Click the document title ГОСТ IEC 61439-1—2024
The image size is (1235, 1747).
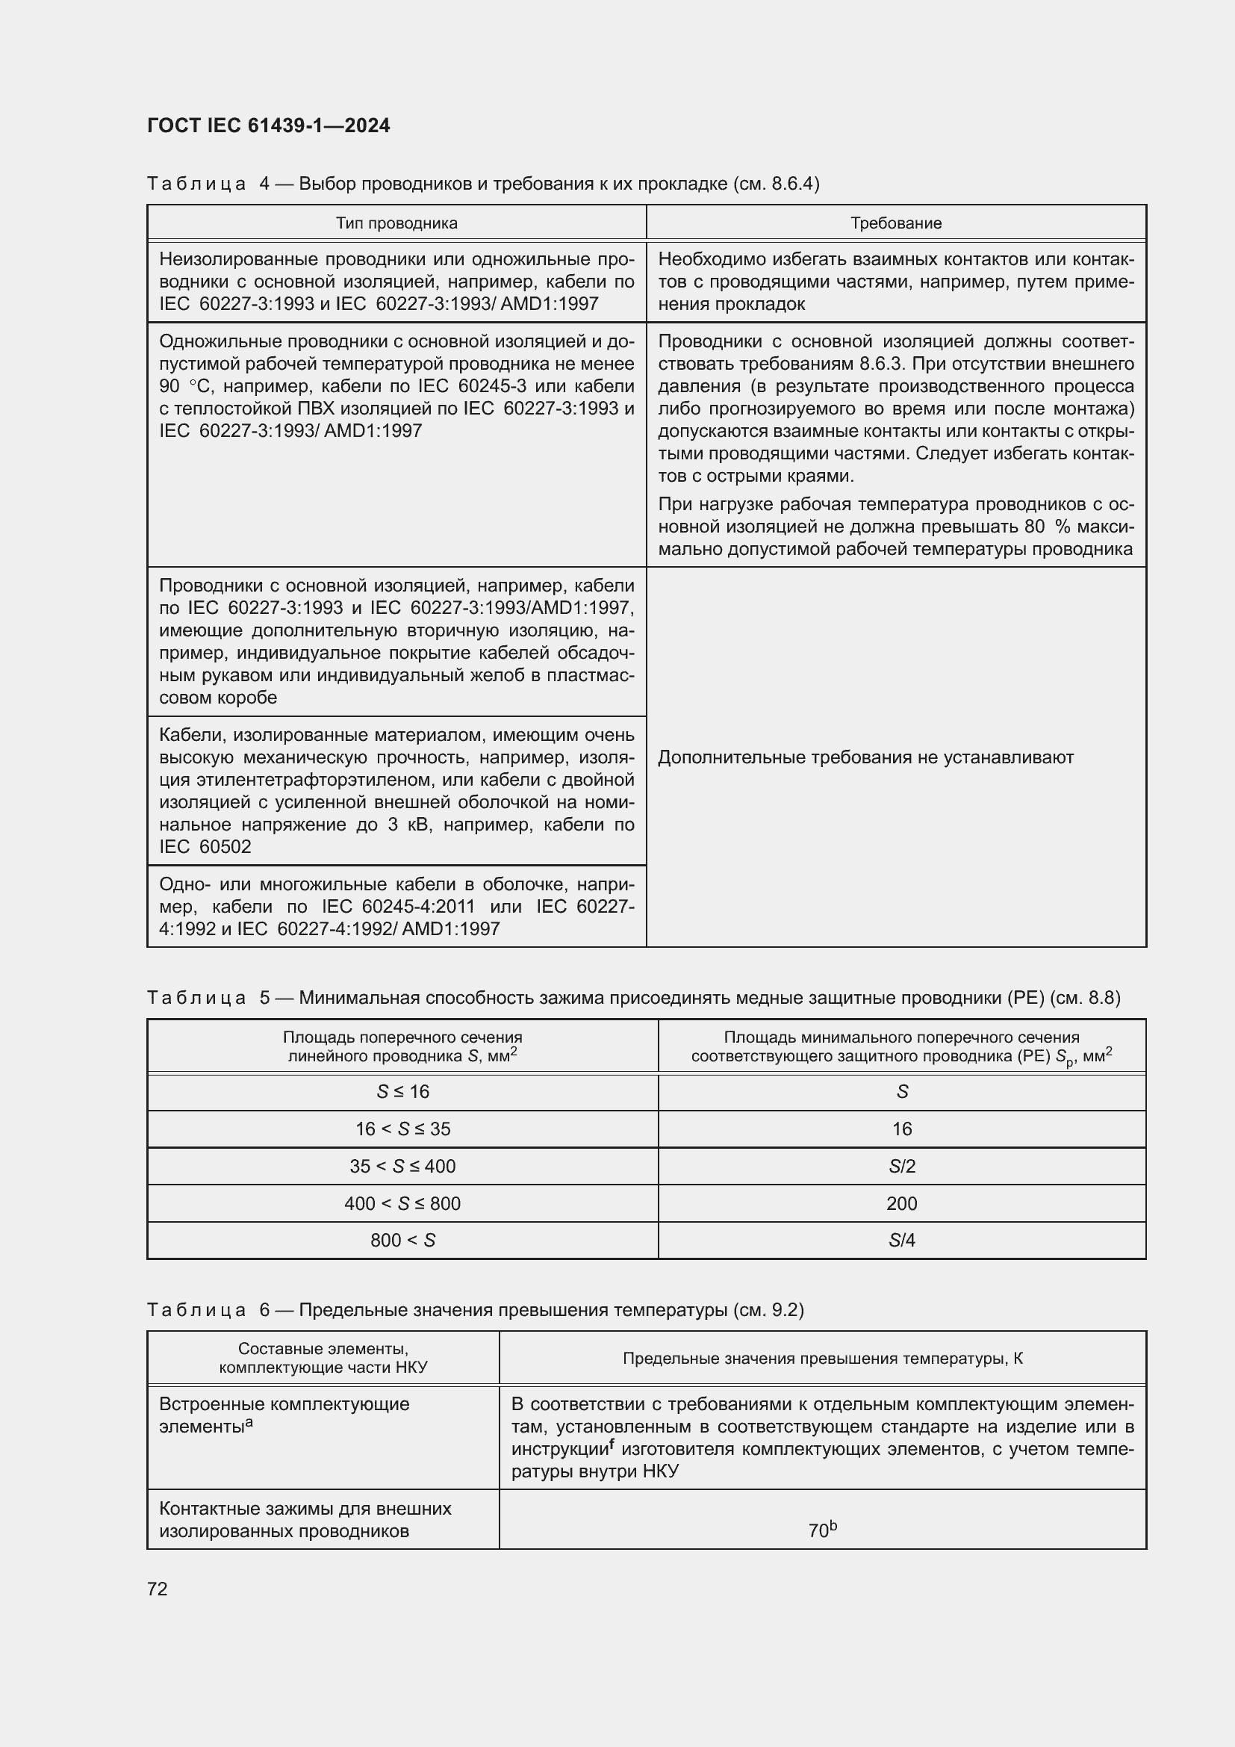coord(269,125)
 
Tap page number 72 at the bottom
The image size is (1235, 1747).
coord(158,1589)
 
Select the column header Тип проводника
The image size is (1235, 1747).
coord(396,223)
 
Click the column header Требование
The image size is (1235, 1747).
coord(896,223)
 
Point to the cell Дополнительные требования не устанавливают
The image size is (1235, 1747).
coord(865,757)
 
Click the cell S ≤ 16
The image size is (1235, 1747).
coord(402,1092)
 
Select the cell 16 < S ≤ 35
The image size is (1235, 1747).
coord(402,1129)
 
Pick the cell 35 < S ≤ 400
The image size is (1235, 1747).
coord(402,1167)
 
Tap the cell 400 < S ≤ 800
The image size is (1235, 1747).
coord(402,1204)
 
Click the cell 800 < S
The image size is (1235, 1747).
coord(402,1241)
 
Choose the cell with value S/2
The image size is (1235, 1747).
coord(902,1167)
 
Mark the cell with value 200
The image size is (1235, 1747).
coord(902,1204)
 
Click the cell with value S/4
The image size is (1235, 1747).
coord(902,1241)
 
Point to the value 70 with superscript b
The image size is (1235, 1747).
coord(822,1530)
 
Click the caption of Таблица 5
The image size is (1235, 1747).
coord(632,998)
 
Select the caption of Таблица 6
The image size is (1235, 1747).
coord(476,1309)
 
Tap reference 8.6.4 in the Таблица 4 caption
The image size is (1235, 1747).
coord(793,184)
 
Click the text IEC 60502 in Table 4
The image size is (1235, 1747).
coord(205,847)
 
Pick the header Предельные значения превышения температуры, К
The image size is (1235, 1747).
coord(822,1358)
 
